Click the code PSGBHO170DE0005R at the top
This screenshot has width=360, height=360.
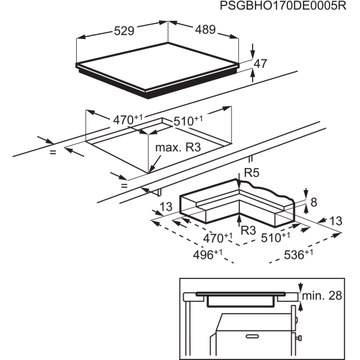point(283,5)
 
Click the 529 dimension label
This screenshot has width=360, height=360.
point(124,31)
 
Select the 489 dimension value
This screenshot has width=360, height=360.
point(205,29)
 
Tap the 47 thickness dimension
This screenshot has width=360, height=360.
point(260,64)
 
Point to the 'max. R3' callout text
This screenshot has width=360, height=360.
point(178,148)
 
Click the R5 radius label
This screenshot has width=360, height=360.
point(251,173)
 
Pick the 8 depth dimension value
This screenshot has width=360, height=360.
point(314,202)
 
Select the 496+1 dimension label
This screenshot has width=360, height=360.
point(208,254)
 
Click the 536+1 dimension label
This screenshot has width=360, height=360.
point(298,254)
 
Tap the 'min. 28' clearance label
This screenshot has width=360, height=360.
point(322,296)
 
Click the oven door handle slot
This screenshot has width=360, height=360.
point(253,337)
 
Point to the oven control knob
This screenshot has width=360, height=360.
point(299,338)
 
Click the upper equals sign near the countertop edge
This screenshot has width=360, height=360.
point(53,152)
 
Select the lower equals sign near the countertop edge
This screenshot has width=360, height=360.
point(124,185)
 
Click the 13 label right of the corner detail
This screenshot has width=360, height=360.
point(335,221)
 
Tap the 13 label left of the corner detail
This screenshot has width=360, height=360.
point(166,206)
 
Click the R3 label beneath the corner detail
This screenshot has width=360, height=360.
point(248,230)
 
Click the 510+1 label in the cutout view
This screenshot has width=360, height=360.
point(188,121)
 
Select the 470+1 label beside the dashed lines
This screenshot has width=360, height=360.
point(218,238)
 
